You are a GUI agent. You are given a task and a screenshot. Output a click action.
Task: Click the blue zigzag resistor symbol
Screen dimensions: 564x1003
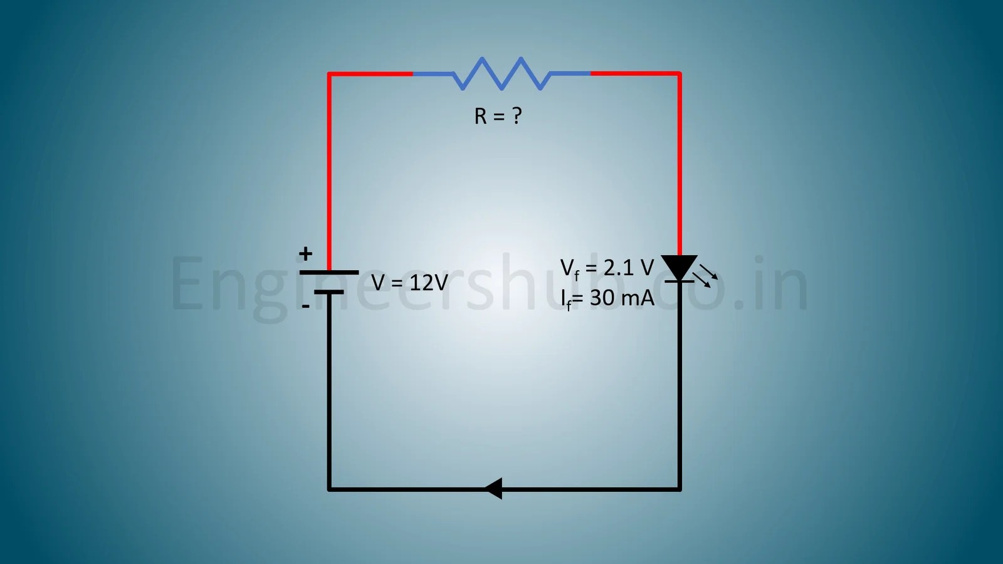point(501,74)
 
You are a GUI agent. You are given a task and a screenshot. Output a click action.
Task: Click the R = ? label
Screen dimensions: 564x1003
point(498,116)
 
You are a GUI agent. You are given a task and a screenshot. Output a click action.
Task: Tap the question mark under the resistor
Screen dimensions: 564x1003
point(517,115)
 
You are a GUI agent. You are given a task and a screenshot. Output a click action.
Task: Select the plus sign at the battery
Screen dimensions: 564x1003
point(305,254)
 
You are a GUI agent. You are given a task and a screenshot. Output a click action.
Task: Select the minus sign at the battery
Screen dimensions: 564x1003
point(305,306)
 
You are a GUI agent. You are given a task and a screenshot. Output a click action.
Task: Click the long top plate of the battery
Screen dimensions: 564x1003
point(329,273)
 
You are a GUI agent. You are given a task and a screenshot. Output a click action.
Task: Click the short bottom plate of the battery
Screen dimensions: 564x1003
point(329,292)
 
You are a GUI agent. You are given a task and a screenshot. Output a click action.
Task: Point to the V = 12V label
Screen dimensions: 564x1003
point(409,283)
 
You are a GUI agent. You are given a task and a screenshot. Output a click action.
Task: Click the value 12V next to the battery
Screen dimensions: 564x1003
point(428,283)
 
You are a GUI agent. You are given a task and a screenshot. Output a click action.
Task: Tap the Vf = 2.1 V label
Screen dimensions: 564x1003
point(606,268)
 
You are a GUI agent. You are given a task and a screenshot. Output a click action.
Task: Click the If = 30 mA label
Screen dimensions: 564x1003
point(607,298)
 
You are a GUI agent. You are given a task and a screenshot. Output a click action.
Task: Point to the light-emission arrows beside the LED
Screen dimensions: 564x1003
point(706,276)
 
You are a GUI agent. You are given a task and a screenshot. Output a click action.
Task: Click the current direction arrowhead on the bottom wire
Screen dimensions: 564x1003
point(494,489)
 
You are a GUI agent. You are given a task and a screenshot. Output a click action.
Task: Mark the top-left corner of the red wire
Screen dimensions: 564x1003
point(329,75)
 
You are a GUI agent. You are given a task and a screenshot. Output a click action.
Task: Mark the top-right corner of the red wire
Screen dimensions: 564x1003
point(680,74)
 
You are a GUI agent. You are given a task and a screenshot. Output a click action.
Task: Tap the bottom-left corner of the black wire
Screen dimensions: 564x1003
point(329,489)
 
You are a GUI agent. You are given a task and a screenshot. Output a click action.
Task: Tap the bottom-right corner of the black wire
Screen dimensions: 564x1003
point(680,489)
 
